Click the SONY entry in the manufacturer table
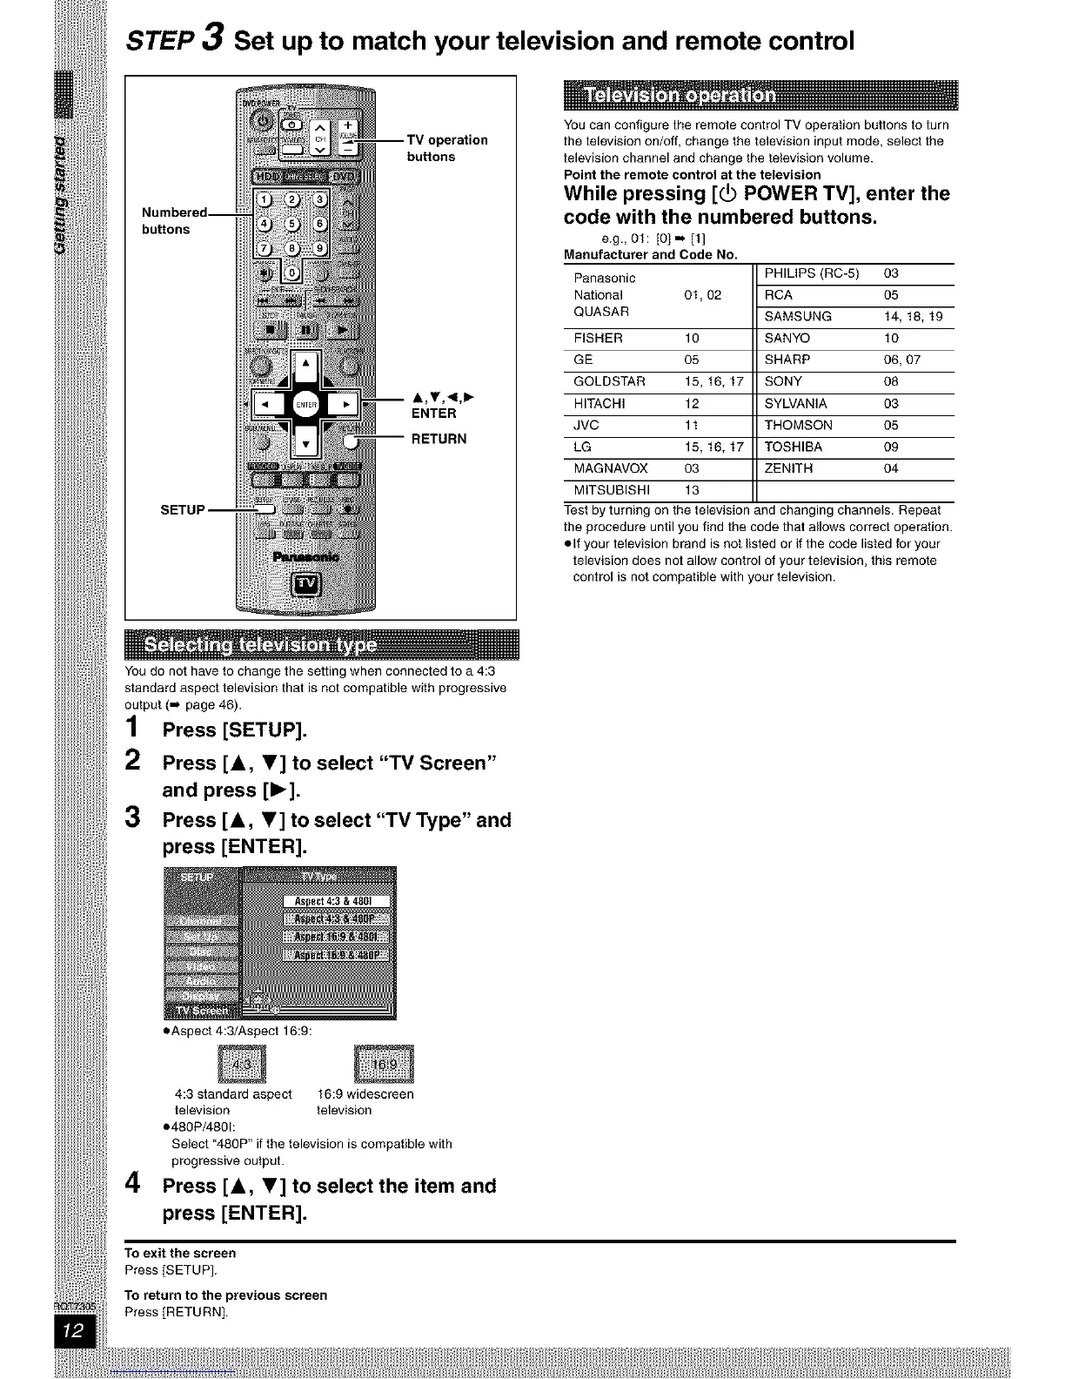[x=783, y=381]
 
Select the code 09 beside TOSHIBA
[x=892, y=447]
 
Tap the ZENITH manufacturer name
[x=788, y=468]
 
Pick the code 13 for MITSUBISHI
[x=692, y=490]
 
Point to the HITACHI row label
[x=599, y=404]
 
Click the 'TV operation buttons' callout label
[x=447, y=148]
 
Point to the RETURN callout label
[x=439, y=439]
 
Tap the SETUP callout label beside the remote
[x=183, y=509]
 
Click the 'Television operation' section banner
[x=760, y=95]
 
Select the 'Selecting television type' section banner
[x=321, y=645]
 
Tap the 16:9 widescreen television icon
[x=385, y=1064]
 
